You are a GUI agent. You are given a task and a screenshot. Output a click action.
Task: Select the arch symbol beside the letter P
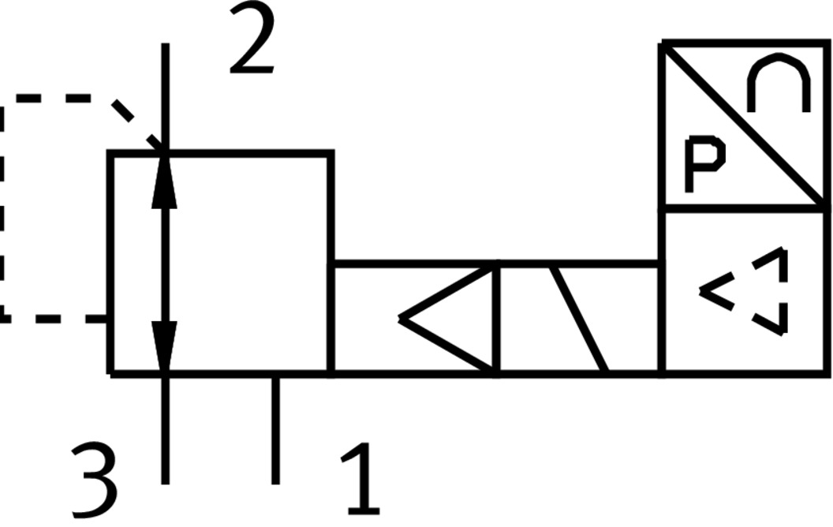pyautogui.click(x=779, y=84)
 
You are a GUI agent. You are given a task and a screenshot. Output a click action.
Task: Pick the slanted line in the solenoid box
pyautogui.click(x=580, y=319)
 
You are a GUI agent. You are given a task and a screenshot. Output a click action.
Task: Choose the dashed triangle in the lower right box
pyautogui.click(x=749, y=292)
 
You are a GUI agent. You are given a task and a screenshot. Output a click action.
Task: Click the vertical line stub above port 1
pyautogui.click(x=275, y=430)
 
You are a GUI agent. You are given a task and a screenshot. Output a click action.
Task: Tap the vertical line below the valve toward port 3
pyautogui.click(x=165, y=430)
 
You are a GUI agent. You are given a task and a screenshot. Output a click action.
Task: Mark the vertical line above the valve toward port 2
pyautogui.click(x=165, y=95)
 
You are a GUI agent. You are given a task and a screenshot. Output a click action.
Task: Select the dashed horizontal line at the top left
pyautogui.click(x=55, y=99)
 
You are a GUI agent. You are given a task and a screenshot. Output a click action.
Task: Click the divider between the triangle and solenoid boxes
pyautogui.click(x=496, y=319)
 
